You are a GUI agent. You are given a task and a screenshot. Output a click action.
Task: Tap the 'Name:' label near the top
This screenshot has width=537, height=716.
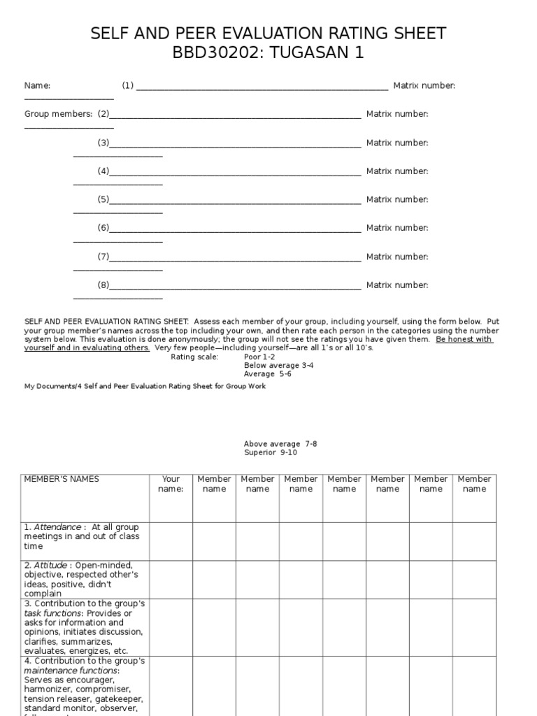pos(37,85)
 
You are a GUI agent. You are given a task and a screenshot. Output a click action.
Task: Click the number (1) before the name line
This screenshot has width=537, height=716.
pos(127,85)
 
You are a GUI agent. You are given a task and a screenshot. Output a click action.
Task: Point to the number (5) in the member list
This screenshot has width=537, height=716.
pos(103,199)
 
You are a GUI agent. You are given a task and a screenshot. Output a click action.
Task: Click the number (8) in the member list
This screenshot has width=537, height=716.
pos(103,285)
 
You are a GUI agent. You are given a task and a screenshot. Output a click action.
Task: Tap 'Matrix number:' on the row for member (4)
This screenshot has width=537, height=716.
pos(397,171)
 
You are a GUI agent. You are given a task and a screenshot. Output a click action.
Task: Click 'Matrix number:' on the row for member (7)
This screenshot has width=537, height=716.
pos(397,257)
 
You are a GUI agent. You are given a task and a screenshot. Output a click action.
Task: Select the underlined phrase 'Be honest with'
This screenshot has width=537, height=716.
pos(464,339)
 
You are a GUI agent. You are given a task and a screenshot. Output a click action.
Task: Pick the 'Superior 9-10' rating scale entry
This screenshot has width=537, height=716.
pos(271,452)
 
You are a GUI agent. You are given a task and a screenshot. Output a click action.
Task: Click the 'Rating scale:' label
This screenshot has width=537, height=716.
pos(194,357)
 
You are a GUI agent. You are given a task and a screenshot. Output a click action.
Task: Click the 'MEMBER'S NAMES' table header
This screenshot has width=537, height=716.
pos(62,479)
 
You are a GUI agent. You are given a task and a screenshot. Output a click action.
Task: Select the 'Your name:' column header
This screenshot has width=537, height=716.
pos(171,484)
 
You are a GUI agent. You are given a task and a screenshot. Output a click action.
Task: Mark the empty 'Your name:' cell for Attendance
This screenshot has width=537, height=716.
pos(171,541)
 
